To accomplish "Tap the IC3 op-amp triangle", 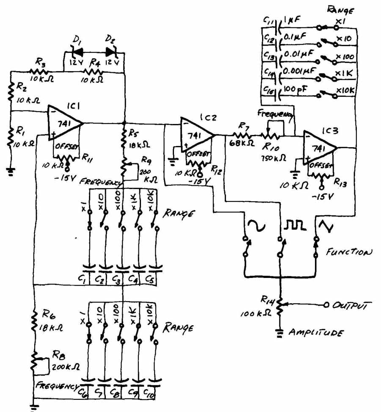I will click(318, 148).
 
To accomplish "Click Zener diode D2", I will click(111, 52).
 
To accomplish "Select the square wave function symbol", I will click(293, 225).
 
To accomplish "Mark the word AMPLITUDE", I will click(316, 333).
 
